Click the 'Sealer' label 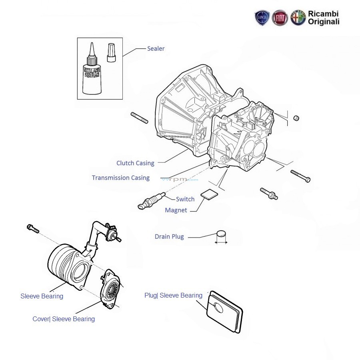click(156, 48)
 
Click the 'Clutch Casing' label click(135, 163)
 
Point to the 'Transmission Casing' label click(120, 178)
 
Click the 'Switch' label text click(185, 199)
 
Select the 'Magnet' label click(176, 210)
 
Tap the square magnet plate click(210, 194)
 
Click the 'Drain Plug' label click(169, 236)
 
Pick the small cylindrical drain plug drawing click(221, 236)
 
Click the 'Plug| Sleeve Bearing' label click(173, 295)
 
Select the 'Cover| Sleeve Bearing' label click(64, 319)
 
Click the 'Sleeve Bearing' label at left click(42, 296)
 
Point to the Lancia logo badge click(262, 18)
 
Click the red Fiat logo click(280, 18)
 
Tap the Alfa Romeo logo click(298, 18)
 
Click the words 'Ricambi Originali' click(323, 18)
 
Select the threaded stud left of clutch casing click(139, 118)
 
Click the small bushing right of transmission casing click(297, 118)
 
